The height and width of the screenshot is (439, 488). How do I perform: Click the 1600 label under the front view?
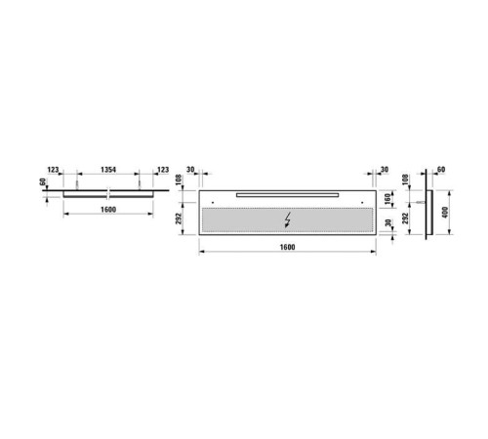tap(285, 247)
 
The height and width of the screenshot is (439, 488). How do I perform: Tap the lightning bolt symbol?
tap(286, 219)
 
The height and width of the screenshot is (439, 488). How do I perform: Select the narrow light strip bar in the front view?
tap(286, 195)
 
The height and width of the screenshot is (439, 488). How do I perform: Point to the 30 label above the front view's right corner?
tap(385, 171)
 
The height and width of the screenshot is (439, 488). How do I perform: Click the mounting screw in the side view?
tap(421, 200)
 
